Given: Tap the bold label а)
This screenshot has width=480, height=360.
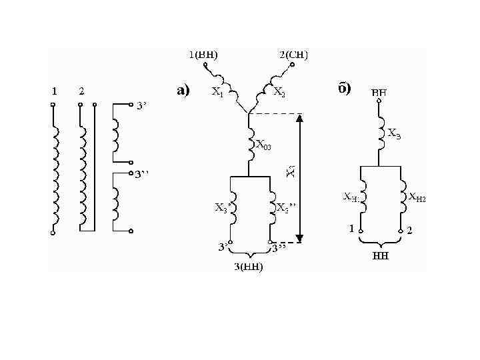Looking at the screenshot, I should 183,90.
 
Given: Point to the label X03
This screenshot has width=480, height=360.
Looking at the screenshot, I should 264,146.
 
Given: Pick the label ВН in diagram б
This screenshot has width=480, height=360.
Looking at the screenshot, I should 379,91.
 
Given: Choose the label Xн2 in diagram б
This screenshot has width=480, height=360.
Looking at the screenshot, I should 417,197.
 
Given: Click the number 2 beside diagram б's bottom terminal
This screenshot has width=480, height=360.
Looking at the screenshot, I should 409,231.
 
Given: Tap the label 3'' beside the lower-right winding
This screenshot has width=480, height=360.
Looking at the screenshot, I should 142,175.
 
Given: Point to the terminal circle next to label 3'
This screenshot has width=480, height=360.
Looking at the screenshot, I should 131,105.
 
